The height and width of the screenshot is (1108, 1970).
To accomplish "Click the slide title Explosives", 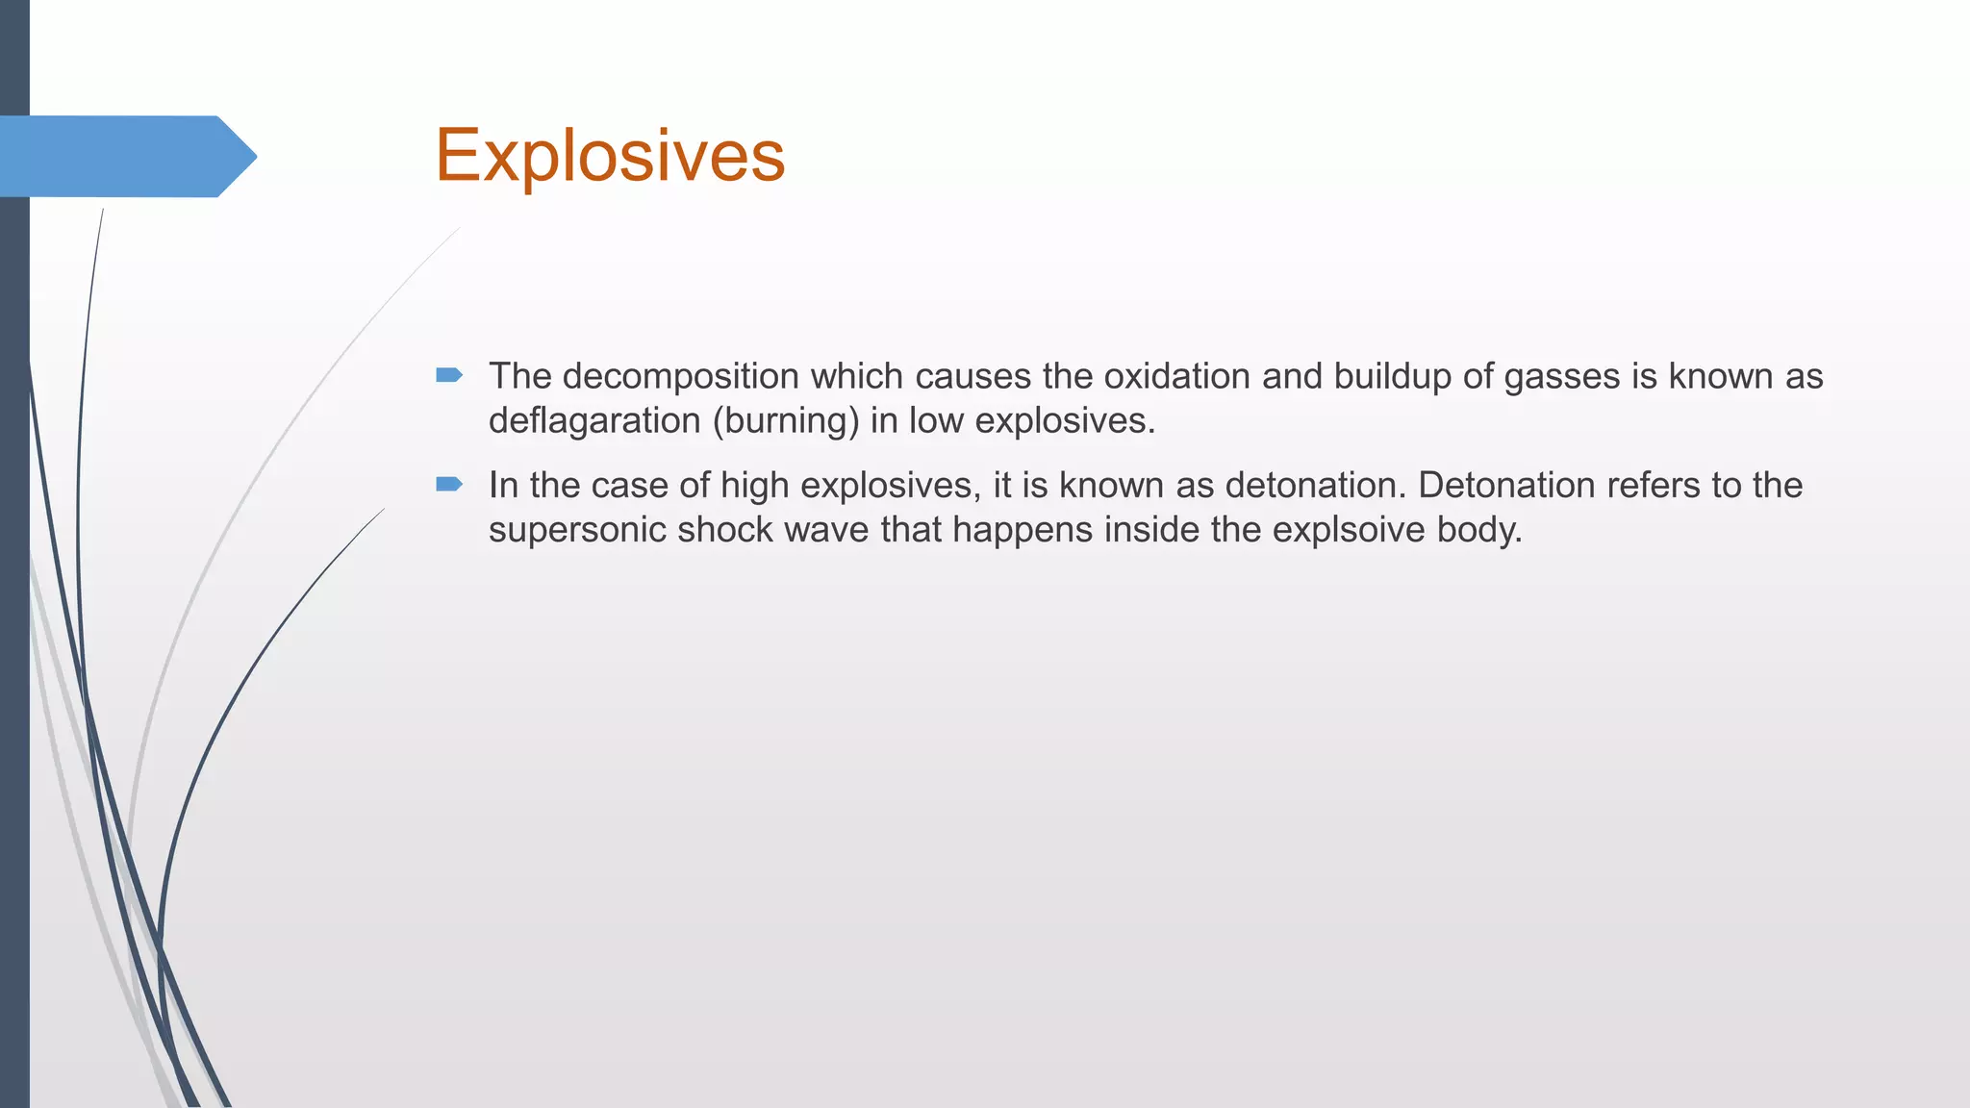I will click(610, 156).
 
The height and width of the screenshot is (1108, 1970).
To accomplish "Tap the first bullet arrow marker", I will click(449, 375).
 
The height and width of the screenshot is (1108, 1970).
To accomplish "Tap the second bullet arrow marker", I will click(449, 484).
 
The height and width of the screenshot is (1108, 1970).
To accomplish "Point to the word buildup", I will click(1393, 377).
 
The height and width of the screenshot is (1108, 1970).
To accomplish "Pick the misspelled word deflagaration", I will click(595, 421).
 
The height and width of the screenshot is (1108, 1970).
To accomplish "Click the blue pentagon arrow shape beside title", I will click(125, 157).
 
